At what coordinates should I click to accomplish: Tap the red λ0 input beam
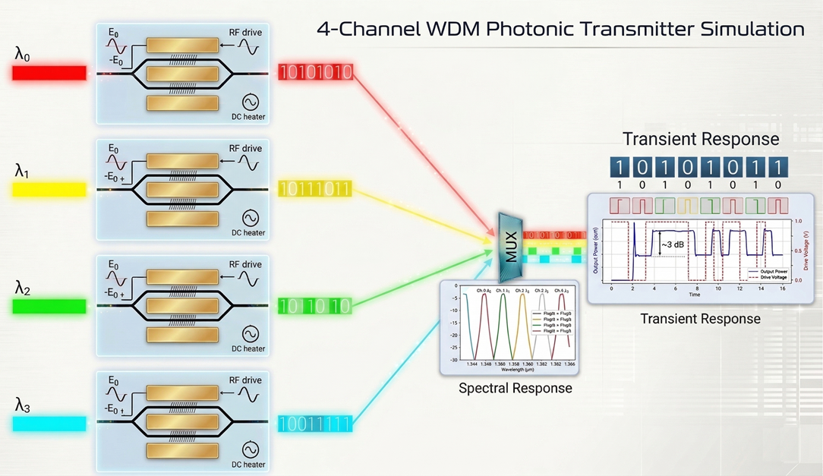[49, 73]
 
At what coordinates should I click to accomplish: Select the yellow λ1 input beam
[49, 189]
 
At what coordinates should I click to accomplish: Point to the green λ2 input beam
[49, 306]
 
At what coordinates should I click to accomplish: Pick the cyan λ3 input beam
[49, 423]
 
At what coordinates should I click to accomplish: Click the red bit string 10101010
[314, 73]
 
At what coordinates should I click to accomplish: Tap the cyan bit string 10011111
[314, 424]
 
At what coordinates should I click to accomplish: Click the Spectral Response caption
[515, 389]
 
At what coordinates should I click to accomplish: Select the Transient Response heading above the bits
[701, 139]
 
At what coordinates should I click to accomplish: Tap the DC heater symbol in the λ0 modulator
[250, 102]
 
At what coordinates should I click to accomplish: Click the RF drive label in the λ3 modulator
[244, 380]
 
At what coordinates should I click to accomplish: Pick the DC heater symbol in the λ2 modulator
[250, 335]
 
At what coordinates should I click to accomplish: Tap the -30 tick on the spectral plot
[453, 359]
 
